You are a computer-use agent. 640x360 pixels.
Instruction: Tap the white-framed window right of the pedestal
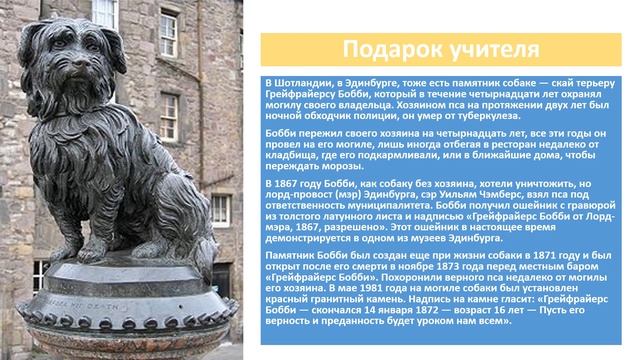(219, 210)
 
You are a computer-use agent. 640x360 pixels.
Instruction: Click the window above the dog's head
(104, 14)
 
